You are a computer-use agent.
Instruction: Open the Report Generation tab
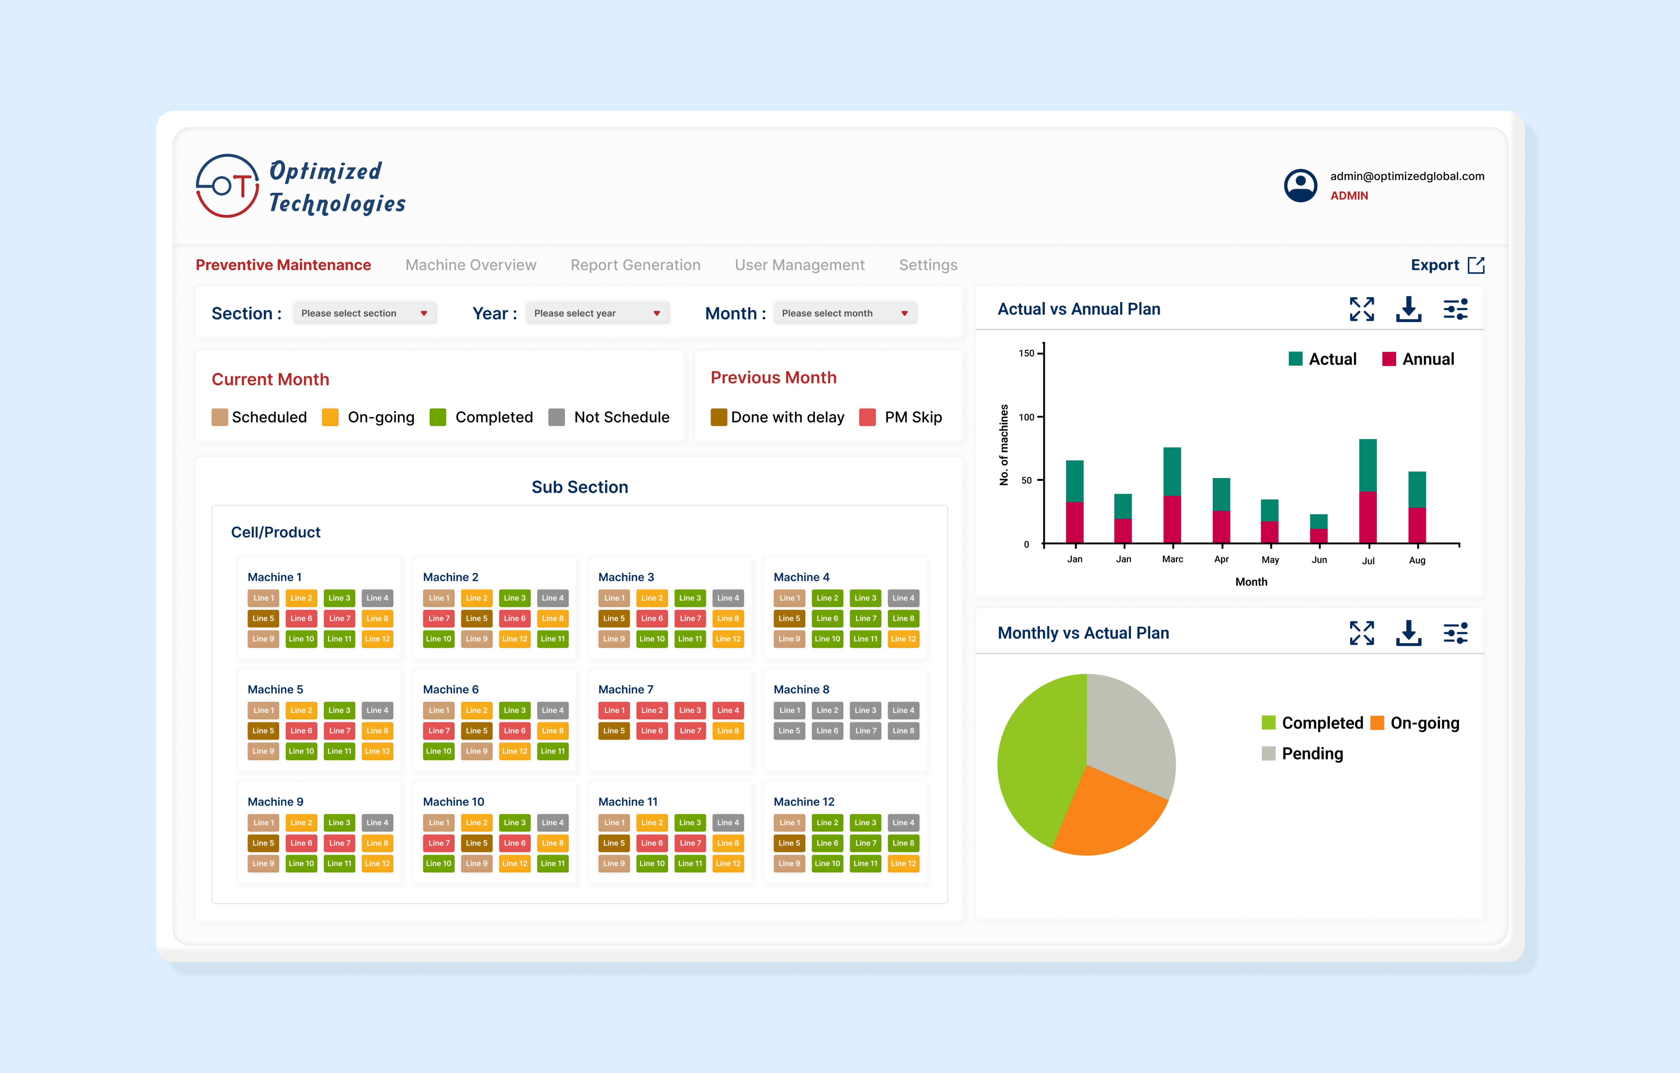tap(635, 265)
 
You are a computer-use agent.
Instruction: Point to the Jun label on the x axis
tap(1319, 560)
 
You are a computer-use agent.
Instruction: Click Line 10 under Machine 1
tap(301, 639)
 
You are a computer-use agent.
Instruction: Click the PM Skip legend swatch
tap(867, 418)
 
